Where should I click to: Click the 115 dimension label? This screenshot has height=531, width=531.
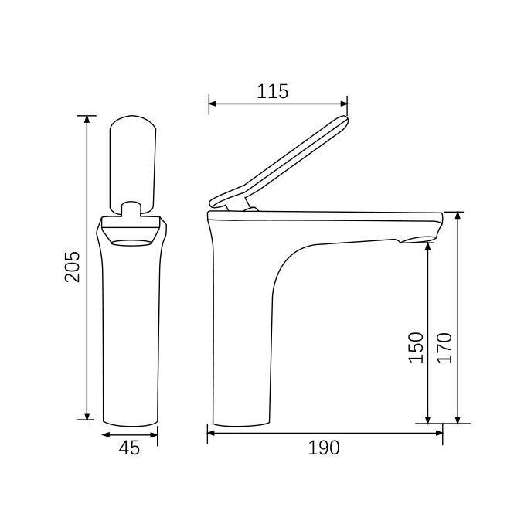tap(272, 91)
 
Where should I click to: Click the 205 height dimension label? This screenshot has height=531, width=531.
tap(73, 267)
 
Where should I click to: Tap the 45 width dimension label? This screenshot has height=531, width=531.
tap(129, 448)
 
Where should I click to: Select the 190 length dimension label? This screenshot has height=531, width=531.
tap(323, 448)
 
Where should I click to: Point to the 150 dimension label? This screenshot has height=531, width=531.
tap(416, 348)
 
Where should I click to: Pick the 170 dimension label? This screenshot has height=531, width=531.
tap(444, 348)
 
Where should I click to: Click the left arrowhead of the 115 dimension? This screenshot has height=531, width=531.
tap(213, 104)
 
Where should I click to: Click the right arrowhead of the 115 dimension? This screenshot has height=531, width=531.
tap(344, 104)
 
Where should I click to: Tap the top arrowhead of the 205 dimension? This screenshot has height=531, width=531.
tap(87, 120)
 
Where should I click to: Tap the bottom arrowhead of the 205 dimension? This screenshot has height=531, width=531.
tap(87, 416)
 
